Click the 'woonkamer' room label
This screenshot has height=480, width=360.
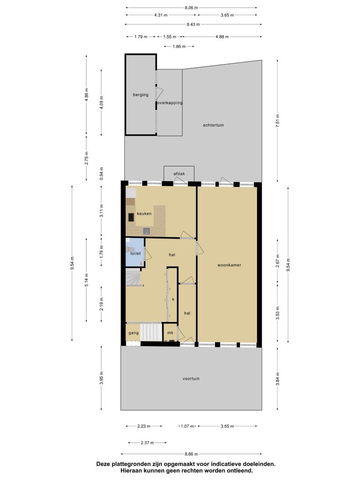(x=229, y=265)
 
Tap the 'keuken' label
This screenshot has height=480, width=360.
(x=144, y=214)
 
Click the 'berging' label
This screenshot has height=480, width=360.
(x=141, y=95)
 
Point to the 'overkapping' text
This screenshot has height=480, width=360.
(x=170, y=103)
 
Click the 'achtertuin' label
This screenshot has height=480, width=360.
(x=213, y=125)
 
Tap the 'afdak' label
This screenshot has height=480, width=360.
(x=179, y=174)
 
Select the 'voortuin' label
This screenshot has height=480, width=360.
(x=191, y=379)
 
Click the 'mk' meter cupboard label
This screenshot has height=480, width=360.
(x=170, y=333)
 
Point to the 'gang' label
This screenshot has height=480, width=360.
(x=134, y=333)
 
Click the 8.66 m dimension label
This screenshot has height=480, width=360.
(x=191, y=454)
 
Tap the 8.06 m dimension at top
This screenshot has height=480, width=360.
(x=191, y=7)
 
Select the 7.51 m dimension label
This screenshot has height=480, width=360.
(x=277, y=120)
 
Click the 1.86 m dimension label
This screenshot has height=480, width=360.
(x=179, y=46)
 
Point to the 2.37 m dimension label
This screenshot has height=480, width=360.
(x=147, y=442)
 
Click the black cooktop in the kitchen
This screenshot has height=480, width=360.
(x=131, y=217)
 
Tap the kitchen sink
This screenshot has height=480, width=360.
(x=147, y=231)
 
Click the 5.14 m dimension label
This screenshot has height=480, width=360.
(x=87, y=280)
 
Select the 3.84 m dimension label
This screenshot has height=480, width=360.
(x=277, y=379)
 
